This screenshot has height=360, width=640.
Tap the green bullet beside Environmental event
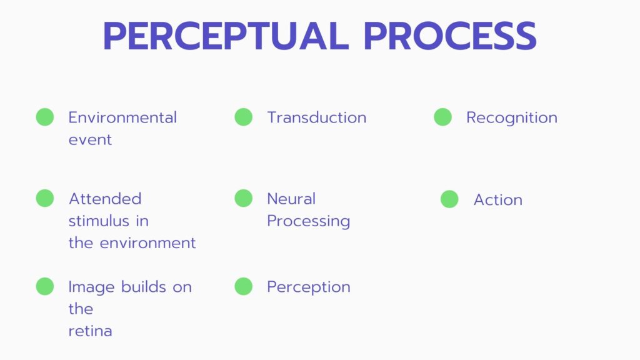tap(45, 117)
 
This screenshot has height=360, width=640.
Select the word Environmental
tap(122, 117)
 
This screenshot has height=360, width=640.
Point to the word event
tap(90, 140)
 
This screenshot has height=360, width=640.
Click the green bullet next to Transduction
tap(244, 117)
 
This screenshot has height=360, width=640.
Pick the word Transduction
tap(317, 117)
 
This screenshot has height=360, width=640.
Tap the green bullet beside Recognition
tap(443, 117)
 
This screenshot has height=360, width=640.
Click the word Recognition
tap(512, 118)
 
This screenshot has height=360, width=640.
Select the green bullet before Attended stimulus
tap(45, 198)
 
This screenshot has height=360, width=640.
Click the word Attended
tap(105, 199)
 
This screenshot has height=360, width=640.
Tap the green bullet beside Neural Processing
tap(244, 198)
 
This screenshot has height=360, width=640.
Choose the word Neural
tap(291, 199)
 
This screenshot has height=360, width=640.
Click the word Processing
tap(309, 222)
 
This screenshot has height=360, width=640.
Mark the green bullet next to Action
tap(450, 199)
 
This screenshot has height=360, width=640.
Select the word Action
tap(498, 200)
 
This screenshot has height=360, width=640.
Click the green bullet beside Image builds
tap(45, 286)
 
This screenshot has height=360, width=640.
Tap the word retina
tap(90, 331)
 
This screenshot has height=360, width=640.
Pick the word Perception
tap(309, 287)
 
